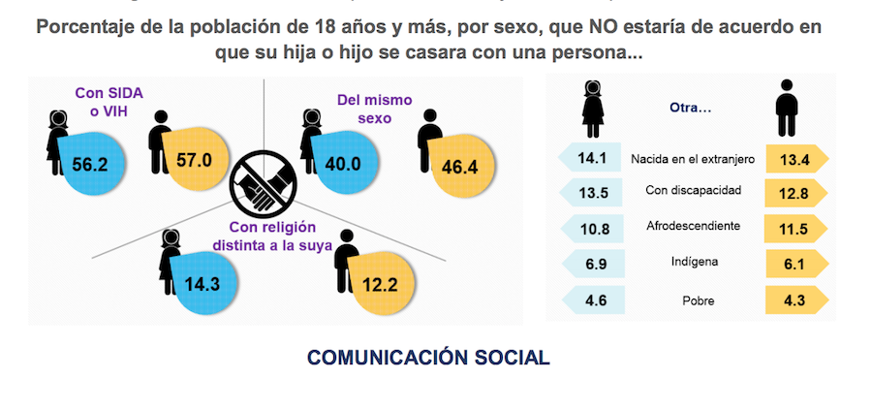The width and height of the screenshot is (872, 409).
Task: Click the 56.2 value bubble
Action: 90,164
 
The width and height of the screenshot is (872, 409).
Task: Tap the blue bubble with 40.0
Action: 342,163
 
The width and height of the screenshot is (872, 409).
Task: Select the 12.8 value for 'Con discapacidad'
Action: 793,193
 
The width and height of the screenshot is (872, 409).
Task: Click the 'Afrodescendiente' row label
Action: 693,227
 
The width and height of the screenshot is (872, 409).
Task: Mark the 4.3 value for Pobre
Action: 793,300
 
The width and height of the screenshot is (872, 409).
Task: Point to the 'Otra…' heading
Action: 691,108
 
